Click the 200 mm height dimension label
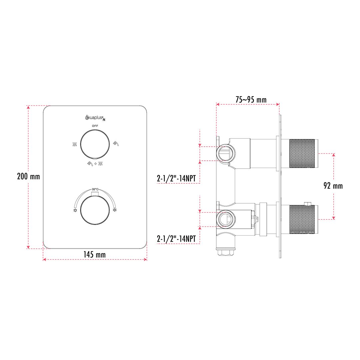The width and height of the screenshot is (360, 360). [x=28, y=176]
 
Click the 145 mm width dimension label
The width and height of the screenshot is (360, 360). [x=95, y=254]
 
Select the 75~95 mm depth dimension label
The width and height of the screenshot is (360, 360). [x=251, y=99]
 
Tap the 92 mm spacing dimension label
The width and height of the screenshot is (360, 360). [x=333, y=186]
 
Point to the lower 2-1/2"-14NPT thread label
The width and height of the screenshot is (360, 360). [x=176, y=239]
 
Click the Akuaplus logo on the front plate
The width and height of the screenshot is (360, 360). [x=95, y=118]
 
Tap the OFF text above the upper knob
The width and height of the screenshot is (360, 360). [x=95, y=126]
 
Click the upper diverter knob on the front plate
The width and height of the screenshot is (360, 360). [x=95, y=144]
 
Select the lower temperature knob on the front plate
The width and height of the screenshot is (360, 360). [x=95, y=210]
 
